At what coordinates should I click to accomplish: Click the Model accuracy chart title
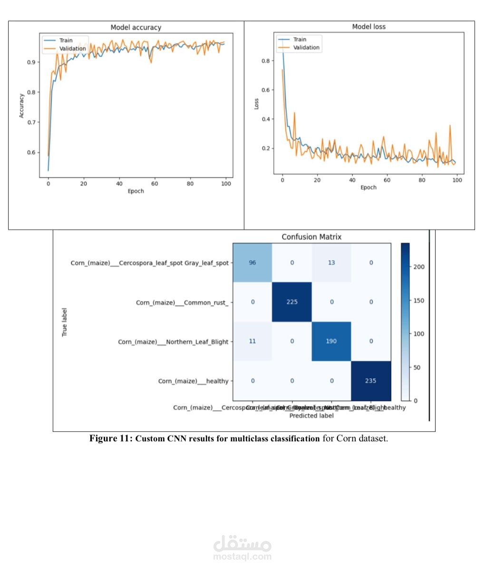tap(136, 28)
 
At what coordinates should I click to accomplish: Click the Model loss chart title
tap(369, 27)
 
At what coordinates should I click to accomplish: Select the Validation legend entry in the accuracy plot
tap(72, 49)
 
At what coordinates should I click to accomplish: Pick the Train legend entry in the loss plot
tap(300, 39)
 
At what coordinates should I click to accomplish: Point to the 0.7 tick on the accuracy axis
tap(31, 122)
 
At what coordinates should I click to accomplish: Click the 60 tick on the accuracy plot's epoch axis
tap(155, 184)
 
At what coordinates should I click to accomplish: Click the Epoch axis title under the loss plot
tap(368, 187)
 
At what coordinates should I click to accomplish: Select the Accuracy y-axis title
tap(21, 106)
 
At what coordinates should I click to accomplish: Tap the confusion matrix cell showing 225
tap(292, 302)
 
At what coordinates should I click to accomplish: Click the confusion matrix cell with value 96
tap(252, 262)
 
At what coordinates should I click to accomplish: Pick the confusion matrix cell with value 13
tap(331, 262)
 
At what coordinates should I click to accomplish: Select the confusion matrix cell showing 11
tap(252, 341)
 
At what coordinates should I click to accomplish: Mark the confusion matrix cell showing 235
tap(371, 380)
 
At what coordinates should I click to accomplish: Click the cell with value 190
tap(331, 341)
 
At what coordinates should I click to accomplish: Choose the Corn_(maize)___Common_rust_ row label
tap(182, 302)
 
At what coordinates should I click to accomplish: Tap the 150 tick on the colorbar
tap(418, 301)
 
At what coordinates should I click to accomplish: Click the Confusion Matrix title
tap(311, 237)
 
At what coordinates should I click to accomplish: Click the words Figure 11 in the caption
tap(110, 438)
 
